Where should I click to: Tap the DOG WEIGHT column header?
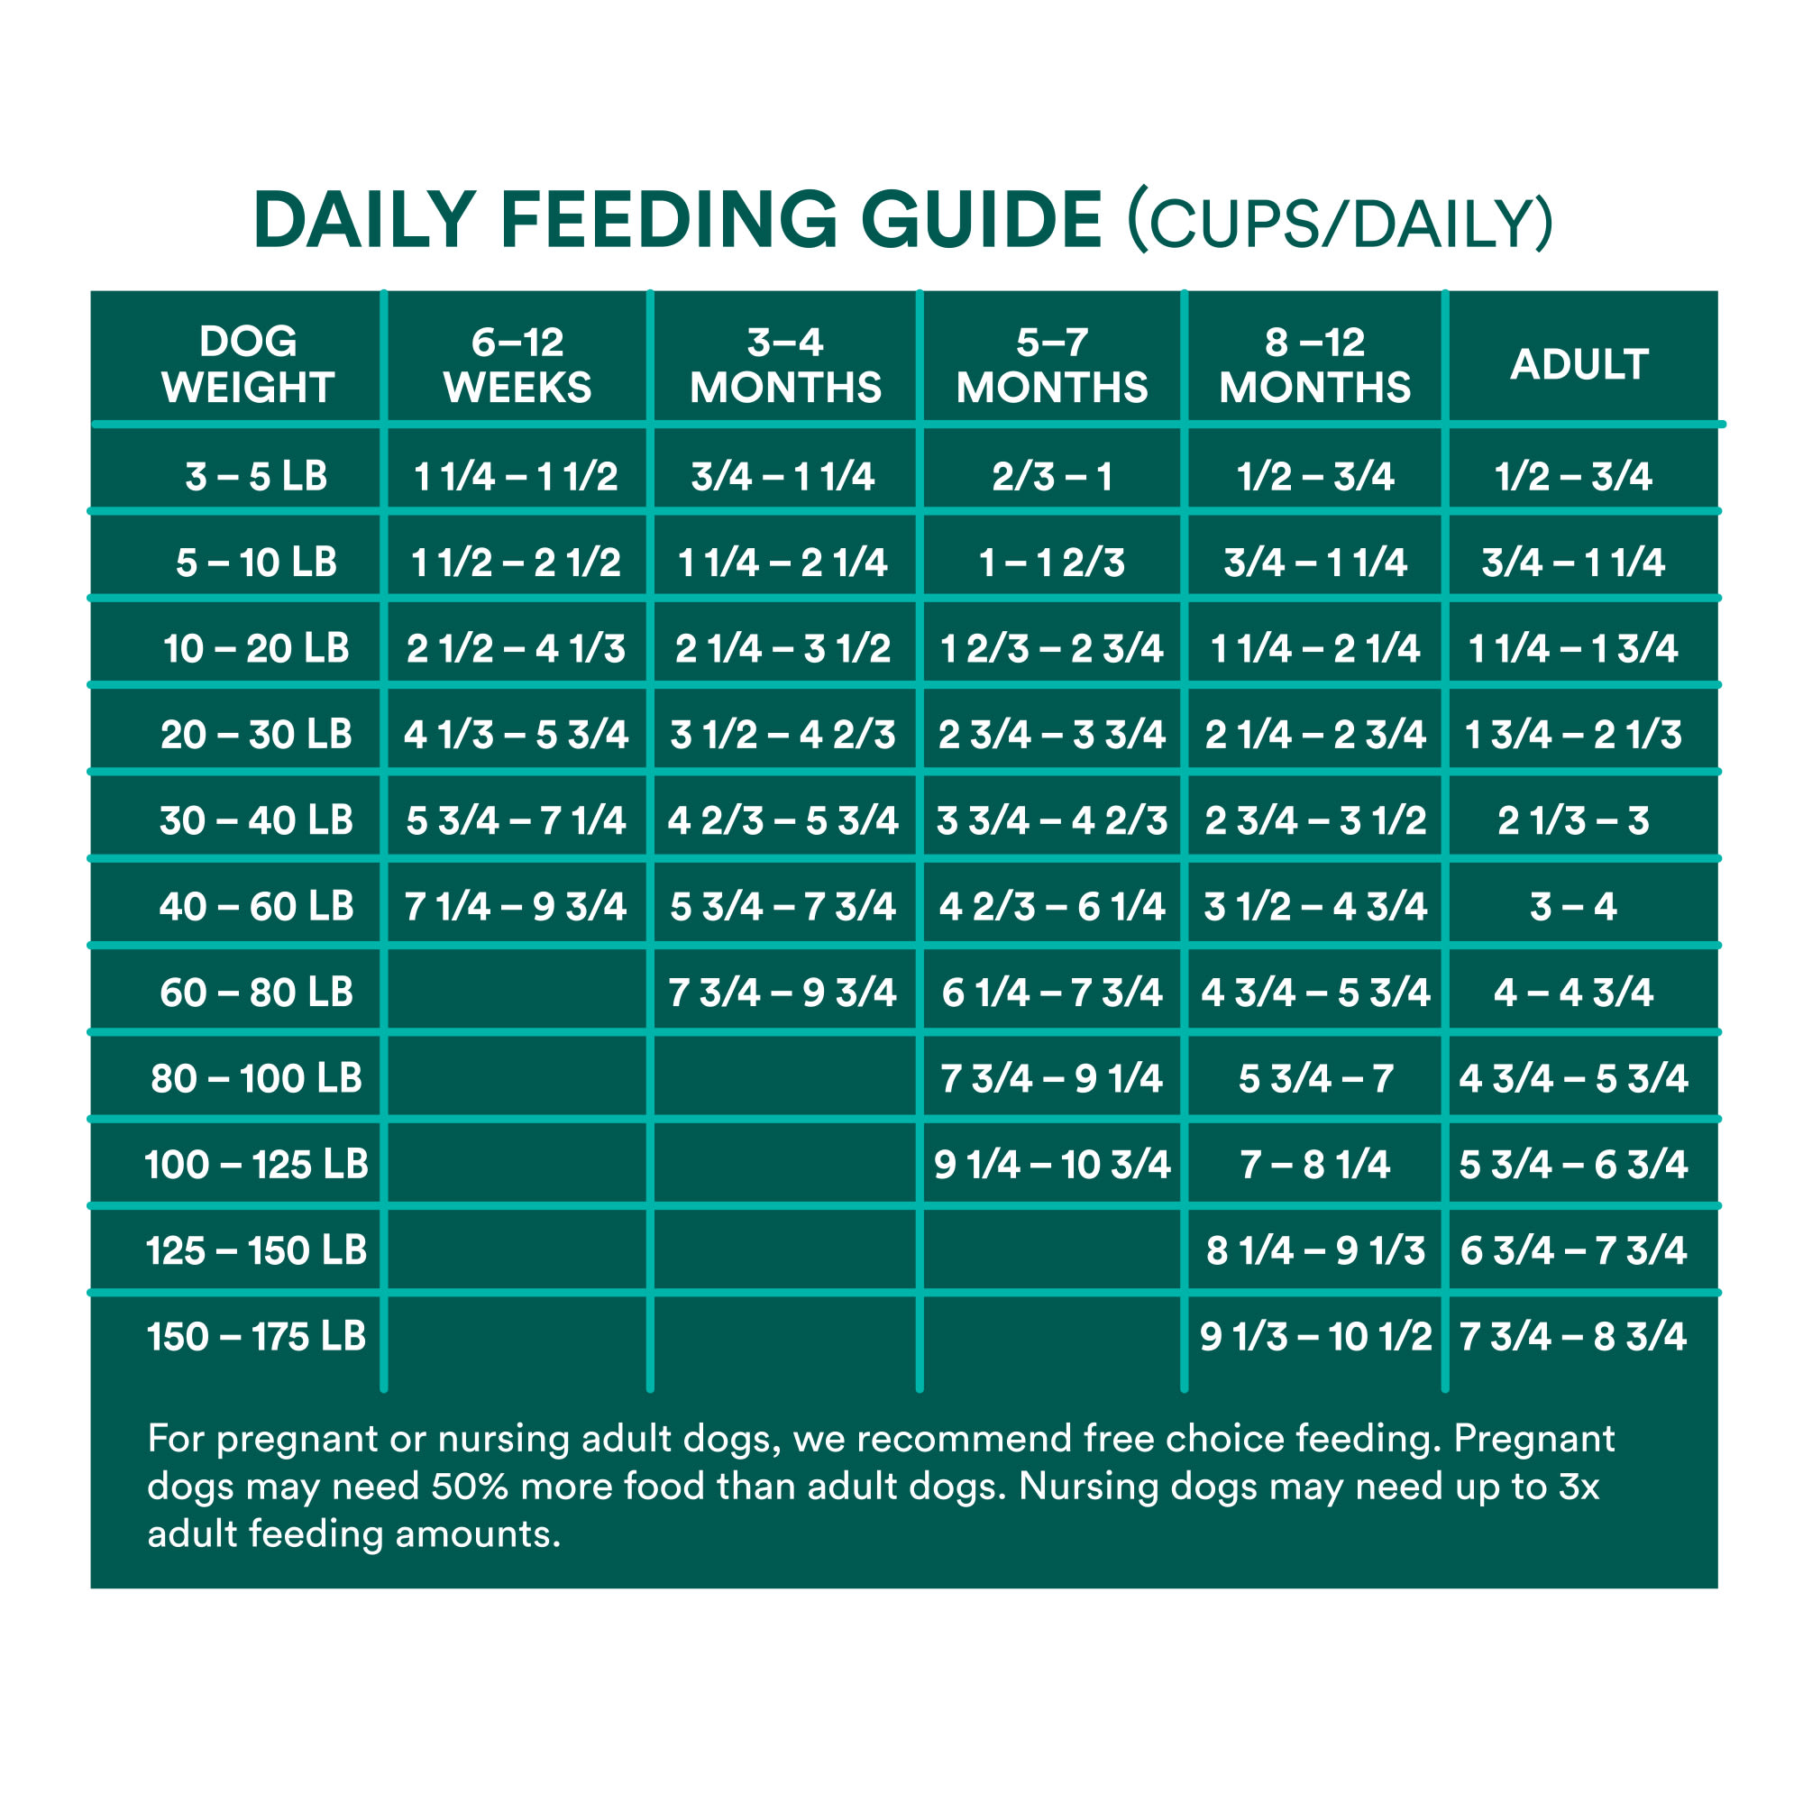[247, 365]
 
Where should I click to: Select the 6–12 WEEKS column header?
[517, 365]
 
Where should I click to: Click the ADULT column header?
[1579, 365]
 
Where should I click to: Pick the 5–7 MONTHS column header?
[1052, 365]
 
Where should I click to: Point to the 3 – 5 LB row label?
[256, 477]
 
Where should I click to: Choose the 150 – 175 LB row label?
[256, 1336]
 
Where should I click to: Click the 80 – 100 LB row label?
[256, 1079]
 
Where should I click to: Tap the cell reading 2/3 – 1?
[1052, 477]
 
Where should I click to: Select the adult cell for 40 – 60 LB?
[1573, 907]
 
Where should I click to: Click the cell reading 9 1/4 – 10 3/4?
[1052, 1165]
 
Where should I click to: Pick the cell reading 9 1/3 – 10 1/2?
[1315, 1336]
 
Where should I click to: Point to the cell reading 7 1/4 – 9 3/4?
[515, 907]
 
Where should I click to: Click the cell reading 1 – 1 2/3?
[1052, 563]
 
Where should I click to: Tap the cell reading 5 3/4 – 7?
[1315, 1079]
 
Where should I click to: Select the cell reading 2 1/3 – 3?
[1573, 821]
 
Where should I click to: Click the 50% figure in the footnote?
[469, 1487]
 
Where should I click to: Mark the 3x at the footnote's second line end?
[1579, 1487]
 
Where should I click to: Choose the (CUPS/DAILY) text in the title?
[1341, 223]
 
